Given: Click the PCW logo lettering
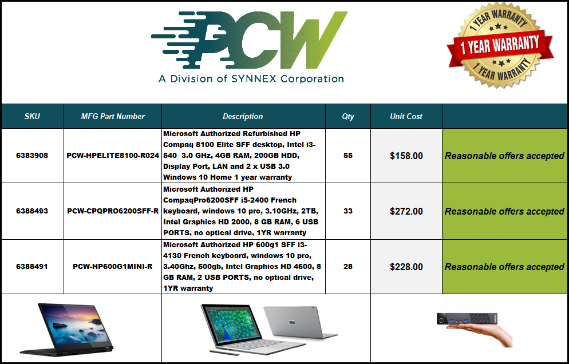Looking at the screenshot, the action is pos(250,40).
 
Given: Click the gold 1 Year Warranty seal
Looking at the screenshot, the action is pos(500,45).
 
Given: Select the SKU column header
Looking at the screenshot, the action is pos(32,117).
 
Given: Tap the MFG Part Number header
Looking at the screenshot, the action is pos(113,117).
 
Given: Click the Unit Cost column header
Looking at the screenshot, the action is pos(406,117).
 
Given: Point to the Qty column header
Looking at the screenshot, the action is pos(347,117).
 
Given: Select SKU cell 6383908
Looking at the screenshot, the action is pos(32,155).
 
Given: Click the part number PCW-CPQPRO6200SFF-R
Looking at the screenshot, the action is pos(113,211).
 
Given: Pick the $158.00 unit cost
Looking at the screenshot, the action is pos(406,156).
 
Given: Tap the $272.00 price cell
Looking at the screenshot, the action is pos(406,211).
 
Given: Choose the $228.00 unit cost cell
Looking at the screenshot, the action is pos(406,267).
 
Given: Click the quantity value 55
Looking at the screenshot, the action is pos(348,155).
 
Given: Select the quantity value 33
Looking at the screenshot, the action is pos(348,211).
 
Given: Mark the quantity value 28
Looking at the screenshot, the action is pos(348,266).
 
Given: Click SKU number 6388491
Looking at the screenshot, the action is pos(32,266).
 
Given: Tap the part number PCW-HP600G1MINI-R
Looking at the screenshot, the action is pos(113,266).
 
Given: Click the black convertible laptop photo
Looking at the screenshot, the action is pos(67,329).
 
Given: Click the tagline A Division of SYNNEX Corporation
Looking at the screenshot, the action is pos(251,79).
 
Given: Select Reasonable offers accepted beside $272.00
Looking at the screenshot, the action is pos(504,211).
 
